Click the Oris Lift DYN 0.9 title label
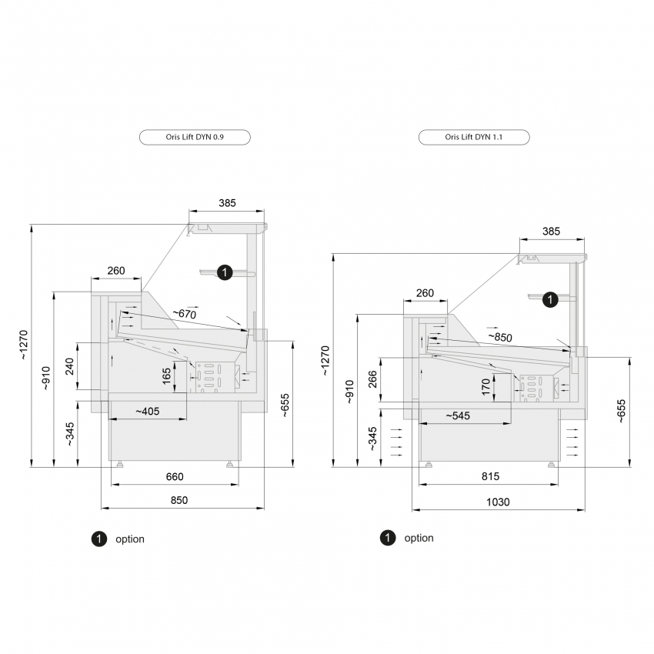click(x=195, y=137)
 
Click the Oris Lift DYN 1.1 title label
click(x=474, y=137)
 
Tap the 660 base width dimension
click(x=175, y=476)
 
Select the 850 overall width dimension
click(x=179, y=500)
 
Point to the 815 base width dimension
click(x=490, y=476)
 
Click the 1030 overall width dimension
click(x=498, y=502)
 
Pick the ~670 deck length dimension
click(x=185, y=313)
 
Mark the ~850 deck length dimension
click(x=500, y=336)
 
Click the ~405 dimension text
click(x=148, y=412)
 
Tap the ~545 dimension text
click(x=458, y=415)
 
